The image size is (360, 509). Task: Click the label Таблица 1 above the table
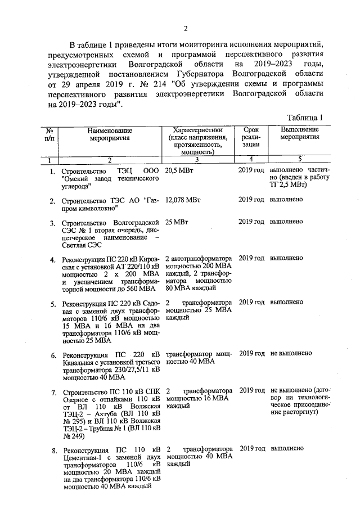304,118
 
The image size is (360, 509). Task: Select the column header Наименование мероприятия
109,133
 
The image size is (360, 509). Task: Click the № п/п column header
49,133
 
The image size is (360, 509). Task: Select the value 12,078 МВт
183,200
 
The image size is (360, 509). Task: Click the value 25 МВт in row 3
178,222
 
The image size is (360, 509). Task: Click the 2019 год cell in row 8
251,449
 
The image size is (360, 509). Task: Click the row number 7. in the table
52,390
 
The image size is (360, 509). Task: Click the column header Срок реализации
251,137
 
